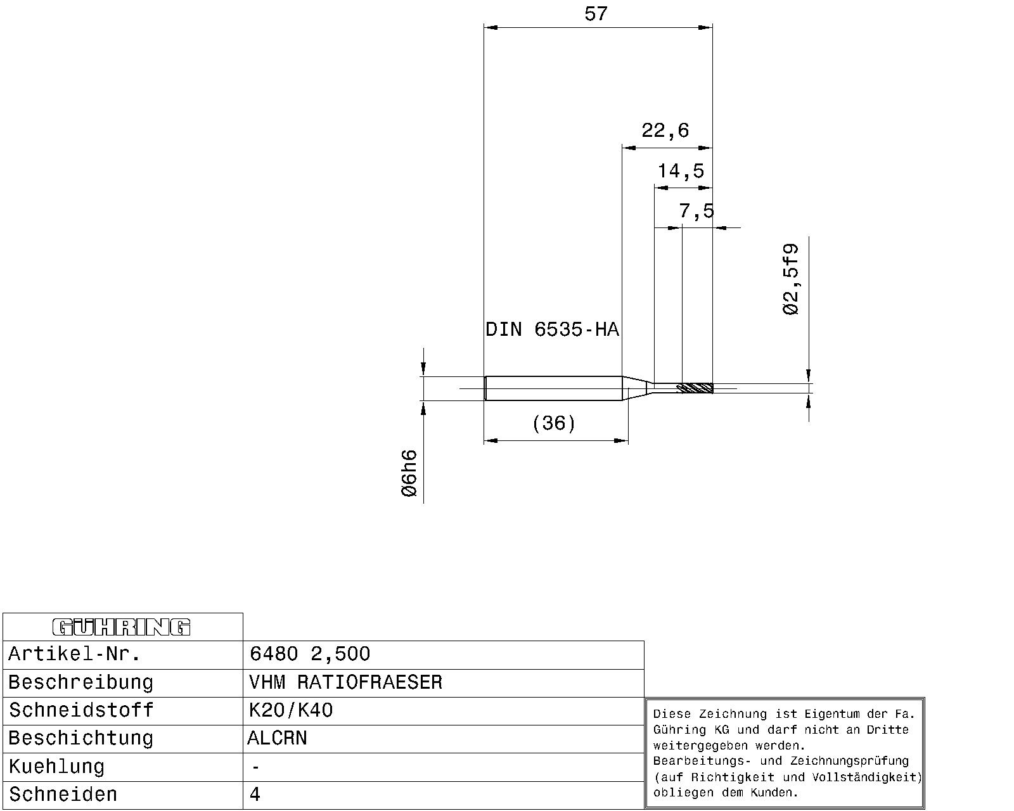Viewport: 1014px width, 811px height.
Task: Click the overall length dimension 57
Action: [x=596, y=14]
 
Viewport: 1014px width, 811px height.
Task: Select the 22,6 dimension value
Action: [x=665, y=131]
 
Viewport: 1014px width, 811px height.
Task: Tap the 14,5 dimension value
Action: [x=681, y=171]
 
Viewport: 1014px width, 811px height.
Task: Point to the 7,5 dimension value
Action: [x=696, y=210]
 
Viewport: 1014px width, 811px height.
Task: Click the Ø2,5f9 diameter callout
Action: [x=791, y=279]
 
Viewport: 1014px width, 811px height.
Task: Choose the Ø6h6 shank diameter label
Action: [x=409, y=473]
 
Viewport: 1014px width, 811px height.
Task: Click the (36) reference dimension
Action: [x=554, y=423]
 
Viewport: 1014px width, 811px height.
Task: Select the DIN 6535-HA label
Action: [x=552, y=329]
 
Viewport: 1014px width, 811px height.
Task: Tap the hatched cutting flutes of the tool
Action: [x=695, y=388]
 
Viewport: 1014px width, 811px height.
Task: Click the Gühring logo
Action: [x=122, y=627]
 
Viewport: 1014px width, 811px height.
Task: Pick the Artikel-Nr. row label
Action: [x=74, y=654]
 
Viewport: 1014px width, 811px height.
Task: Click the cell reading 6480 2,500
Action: [x=309, y=654]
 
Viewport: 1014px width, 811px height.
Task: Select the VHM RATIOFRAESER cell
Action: [x=346, y=682]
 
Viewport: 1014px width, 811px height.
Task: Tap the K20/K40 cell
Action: [x=291, y=710]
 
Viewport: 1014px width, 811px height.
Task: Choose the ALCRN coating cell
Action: [x=277, y=738]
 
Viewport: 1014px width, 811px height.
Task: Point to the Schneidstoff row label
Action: [x=81, y=710]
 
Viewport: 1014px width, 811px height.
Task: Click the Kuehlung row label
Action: [x=56, y=767]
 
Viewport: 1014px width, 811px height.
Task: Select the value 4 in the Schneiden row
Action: [x=255, y=795]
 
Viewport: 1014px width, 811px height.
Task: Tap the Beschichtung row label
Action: [x=81, y=738]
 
